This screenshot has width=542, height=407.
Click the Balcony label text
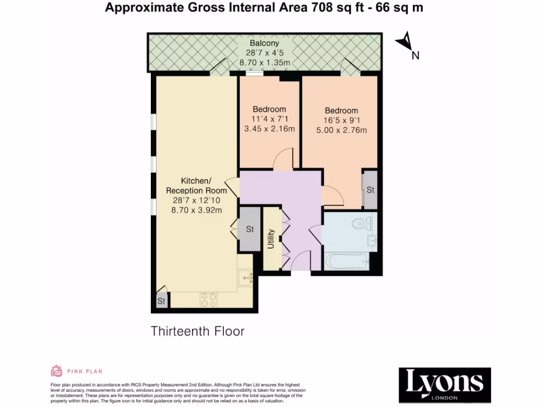tap(266, 43)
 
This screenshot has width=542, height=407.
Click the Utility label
tap(272, 240)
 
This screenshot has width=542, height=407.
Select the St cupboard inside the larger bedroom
tap(370, 190)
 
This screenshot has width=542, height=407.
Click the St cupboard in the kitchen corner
tap(161, 300)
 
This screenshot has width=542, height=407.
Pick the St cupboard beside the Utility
tap(250, 229)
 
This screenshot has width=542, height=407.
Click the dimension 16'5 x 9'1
tap(341, 120)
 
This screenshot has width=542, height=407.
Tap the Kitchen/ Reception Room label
tap(196, 185)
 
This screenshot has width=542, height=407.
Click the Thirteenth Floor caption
tap(198, 331)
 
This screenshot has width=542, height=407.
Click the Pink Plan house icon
tap(56, 371)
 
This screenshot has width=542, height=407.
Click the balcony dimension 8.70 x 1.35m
tap(265, 63)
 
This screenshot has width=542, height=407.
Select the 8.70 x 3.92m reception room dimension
tap(196, 210)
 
